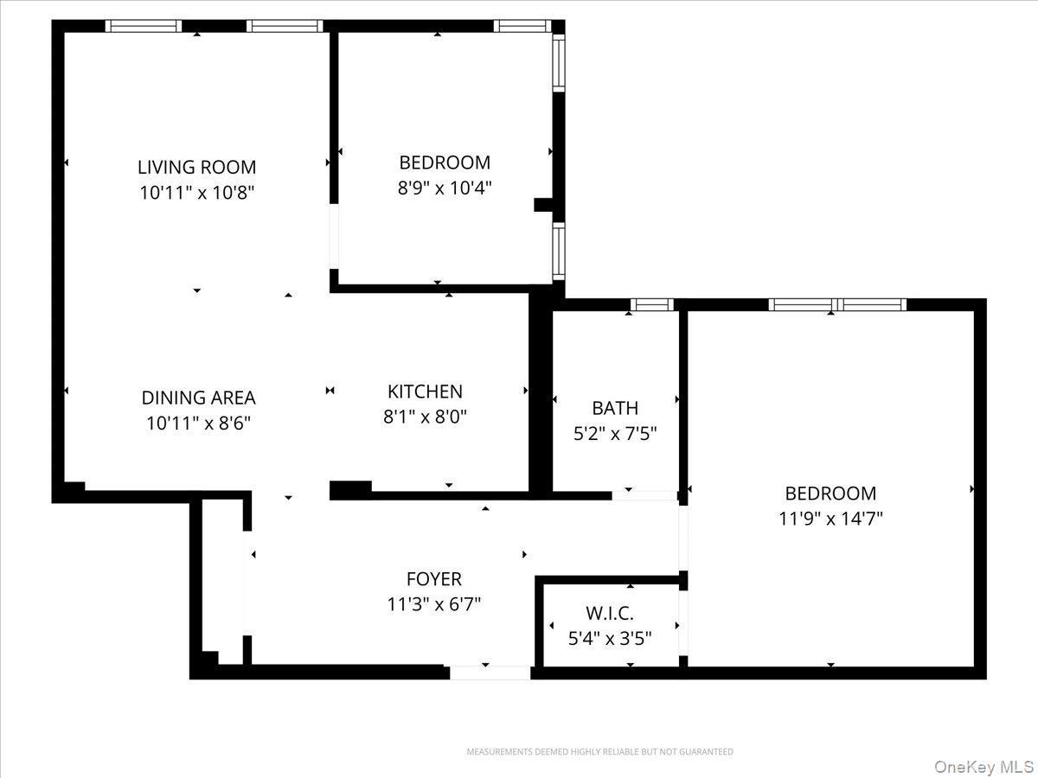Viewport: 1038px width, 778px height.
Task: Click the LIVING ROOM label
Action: pos(197,167)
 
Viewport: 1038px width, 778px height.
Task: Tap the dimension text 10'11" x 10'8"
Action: pos(197,192)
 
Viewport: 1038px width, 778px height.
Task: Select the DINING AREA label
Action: pos(198,398)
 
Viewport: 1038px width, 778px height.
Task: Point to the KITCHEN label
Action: pos(425,392)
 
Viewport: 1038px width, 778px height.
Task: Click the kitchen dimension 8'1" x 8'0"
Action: pos(425,417)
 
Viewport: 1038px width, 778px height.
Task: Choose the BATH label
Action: pos(615,408)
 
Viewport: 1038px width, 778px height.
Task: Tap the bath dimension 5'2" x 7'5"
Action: pos(615,433)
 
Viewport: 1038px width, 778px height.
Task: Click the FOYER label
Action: pos(434,579)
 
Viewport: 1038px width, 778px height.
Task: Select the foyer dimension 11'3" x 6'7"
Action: pos(434,604)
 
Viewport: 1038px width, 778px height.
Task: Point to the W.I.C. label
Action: pos(610,614)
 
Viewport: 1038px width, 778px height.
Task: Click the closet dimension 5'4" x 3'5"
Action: pos(610,639)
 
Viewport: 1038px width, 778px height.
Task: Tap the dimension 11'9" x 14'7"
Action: pos(830,519)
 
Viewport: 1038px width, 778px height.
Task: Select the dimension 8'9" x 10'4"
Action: pos(445,188)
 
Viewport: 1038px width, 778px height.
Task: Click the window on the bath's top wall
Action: pos(651,304)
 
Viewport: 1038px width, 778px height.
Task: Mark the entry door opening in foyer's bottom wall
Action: pos(490,673)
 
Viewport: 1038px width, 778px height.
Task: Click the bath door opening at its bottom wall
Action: pos(644,495)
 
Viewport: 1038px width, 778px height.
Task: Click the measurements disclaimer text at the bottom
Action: pos(599,752)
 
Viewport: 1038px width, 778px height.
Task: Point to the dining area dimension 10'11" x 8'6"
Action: pos(198,423)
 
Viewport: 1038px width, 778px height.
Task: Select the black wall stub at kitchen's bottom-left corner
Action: pos(350,490)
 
